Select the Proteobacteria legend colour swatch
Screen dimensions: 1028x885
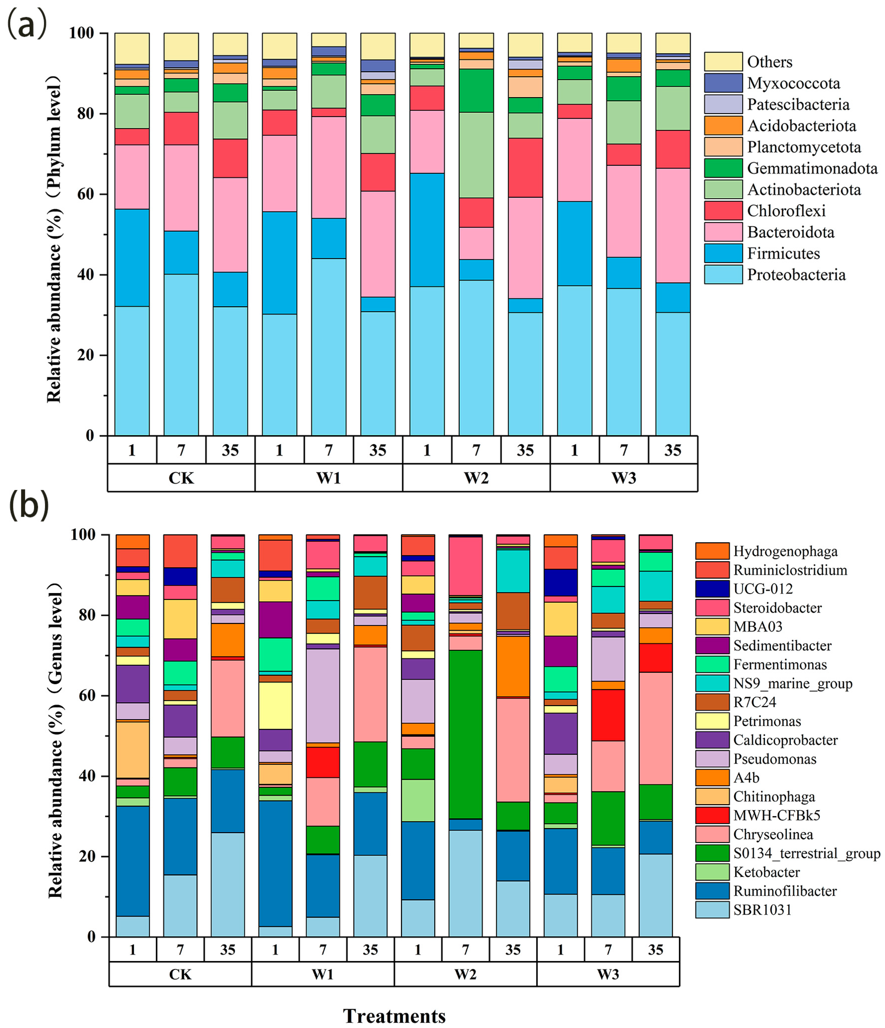click(723, 275)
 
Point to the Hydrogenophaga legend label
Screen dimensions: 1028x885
click(785, 551)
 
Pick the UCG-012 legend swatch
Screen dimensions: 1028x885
click(712, 589)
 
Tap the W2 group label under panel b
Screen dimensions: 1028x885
click(465, 974)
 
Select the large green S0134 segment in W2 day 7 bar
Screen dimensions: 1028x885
click(465, 734)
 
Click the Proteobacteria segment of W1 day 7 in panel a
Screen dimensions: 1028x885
click(328, 347)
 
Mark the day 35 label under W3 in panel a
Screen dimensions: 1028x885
click(673, 450)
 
